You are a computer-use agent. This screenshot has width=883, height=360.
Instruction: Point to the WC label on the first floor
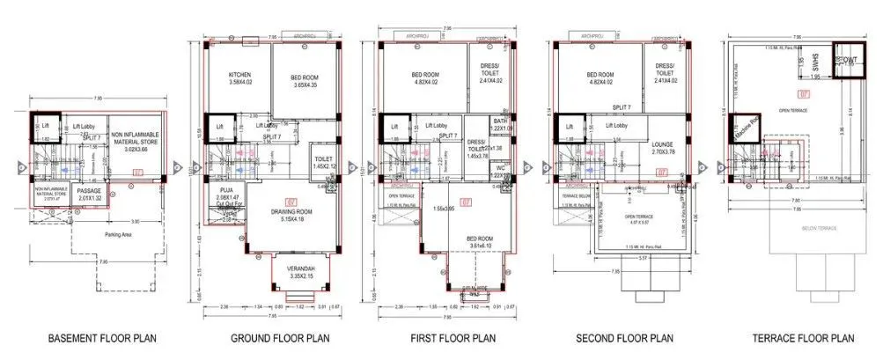click(x=475, y=167)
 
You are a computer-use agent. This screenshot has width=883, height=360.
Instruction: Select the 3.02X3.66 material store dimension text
click(x=133, y=150)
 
